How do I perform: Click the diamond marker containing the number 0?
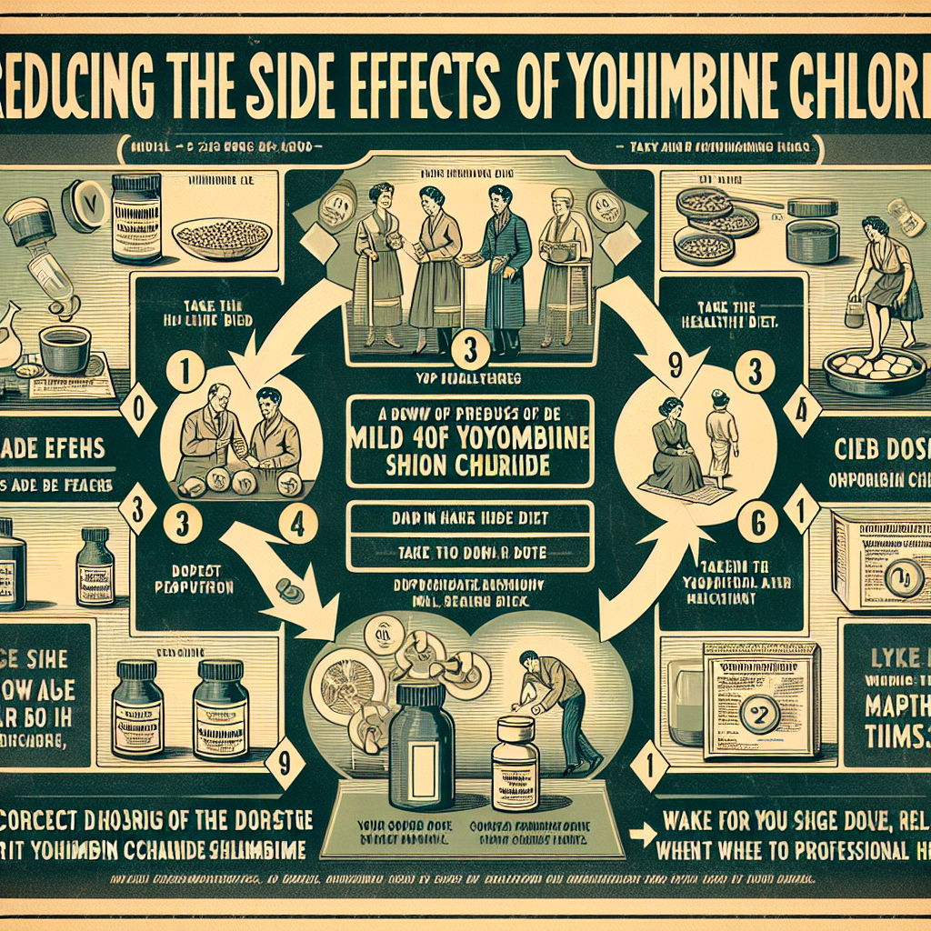click(139, 405)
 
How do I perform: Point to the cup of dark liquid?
click(65, 348)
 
